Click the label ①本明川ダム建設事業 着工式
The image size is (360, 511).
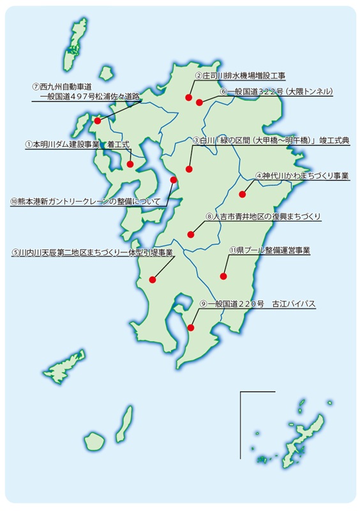coord(77,145)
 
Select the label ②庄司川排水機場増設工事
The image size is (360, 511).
coord(240,75)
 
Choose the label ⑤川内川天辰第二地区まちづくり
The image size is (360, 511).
coord(92,252)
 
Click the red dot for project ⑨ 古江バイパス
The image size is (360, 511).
coord(191,328)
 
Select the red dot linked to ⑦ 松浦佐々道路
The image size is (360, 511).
coord(97,121)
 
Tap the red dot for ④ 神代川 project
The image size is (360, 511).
coord(242,194)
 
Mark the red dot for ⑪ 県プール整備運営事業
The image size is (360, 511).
coord(223,276)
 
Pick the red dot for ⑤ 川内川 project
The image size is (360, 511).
coord(152,279)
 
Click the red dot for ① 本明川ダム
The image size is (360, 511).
coord(130,164)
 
